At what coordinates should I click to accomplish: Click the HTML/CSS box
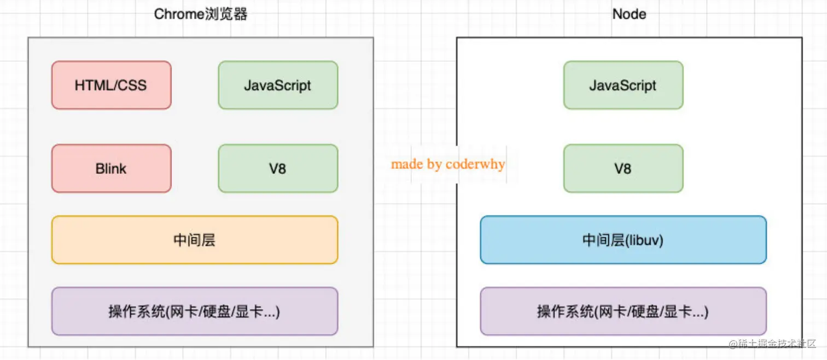click(x=111, y=85)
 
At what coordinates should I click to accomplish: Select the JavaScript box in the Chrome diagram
click(x=278, y=85)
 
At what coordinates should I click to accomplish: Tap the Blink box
click(x=111, y=169)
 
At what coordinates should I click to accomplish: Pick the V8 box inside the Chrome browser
click(x=278, y=169)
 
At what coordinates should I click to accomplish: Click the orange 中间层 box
click(x=194, y=240)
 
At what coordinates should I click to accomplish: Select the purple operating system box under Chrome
click(x=194, y=312)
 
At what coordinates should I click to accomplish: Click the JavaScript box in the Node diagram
click(x=623, y=85)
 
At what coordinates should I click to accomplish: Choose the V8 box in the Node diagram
click(x=623, y=169)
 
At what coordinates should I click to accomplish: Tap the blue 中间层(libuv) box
click(x=623, y=240)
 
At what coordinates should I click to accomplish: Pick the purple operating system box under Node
click(x=623, y=312)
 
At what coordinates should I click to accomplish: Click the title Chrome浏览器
click(x=201, y=14)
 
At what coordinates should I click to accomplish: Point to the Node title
click(x=629, y=14)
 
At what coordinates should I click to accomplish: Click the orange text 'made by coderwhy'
click(x=448, y=164)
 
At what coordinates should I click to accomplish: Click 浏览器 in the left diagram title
click(x=229, y=14)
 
